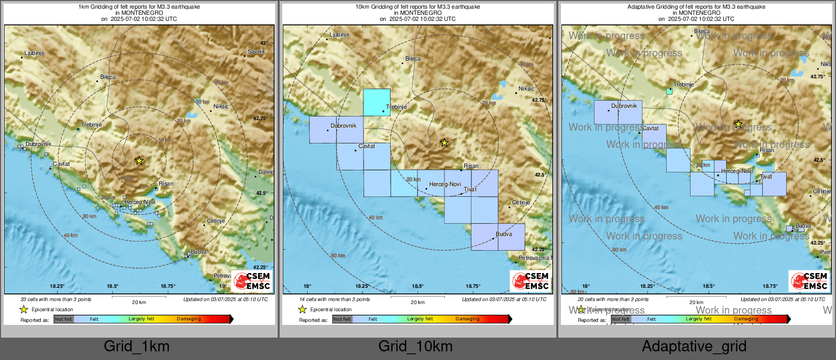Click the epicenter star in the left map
tap(139, 161)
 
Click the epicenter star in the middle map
tap(444, 143)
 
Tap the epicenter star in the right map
tap(738, 124)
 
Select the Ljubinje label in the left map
tap(35, 53)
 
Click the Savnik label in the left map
tap(256, 51)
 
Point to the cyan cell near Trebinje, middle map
tap(377, 102)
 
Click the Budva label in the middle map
tap(504, 234)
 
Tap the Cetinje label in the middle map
tap(521, 202)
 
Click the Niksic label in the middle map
tap(526, 88)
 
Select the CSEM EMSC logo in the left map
tap(252, 281)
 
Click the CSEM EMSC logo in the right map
tap(810, 281)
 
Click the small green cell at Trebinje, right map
tap(669, 91)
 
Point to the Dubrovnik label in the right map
tap(624, 106)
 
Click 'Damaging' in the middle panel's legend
tap(467, 319)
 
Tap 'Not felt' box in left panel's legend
tap(64, 319)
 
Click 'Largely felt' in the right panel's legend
tap(698, 319)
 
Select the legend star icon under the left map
tap(23, 309)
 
